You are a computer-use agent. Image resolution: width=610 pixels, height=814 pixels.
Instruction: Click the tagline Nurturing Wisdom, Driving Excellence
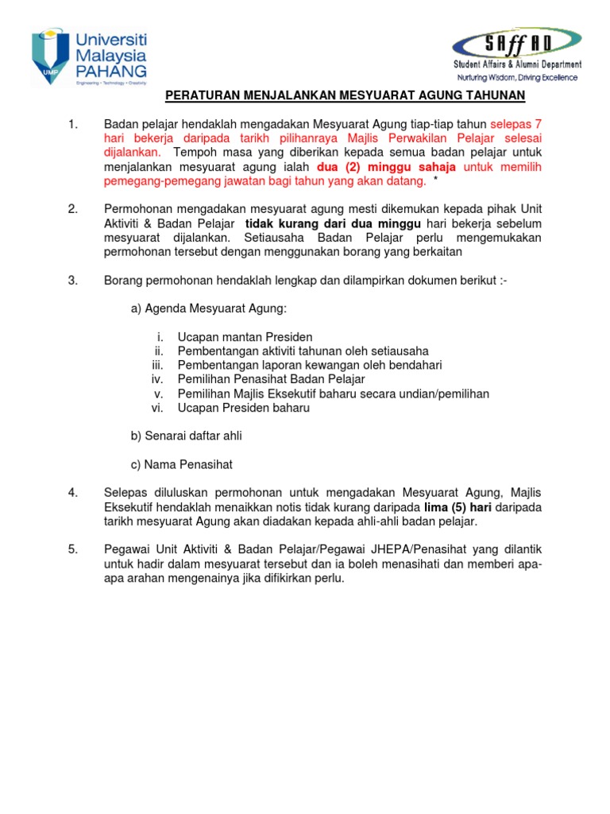click(x=517, y=78)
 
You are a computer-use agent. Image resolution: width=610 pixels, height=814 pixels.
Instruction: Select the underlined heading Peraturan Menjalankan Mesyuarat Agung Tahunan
click(x=345, y=96)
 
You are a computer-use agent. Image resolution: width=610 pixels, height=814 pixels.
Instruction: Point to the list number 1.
click(x=74, y=125)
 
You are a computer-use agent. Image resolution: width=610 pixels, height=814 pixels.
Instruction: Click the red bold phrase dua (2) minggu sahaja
click(x=386, y=168)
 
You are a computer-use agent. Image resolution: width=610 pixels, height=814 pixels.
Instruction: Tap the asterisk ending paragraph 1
click(x=435, y=182)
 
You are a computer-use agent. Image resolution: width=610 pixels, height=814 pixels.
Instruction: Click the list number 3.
click(x=74, y=280)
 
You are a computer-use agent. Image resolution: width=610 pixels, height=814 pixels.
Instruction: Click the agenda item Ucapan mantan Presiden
click(x=245, y=336)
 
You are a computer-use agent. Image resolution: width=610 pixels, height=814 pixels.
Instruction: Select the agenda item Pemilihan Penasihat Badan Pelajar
click(x=271, y=379)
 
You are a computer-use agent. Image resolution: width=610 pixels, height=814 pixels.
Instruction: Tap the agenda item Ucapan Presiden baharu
click(x=243, y=408)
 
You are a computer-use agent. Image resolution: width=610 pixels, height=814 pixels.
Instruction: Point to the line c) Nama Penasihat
click(x=181, y=464)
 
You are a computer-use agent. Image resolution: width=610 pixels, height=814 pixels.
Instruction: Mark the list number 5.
click(x=74, y=549)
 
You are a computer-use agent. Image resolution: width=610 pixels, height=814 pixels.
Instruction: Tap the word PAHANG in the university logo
click(x=110, y=72)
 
